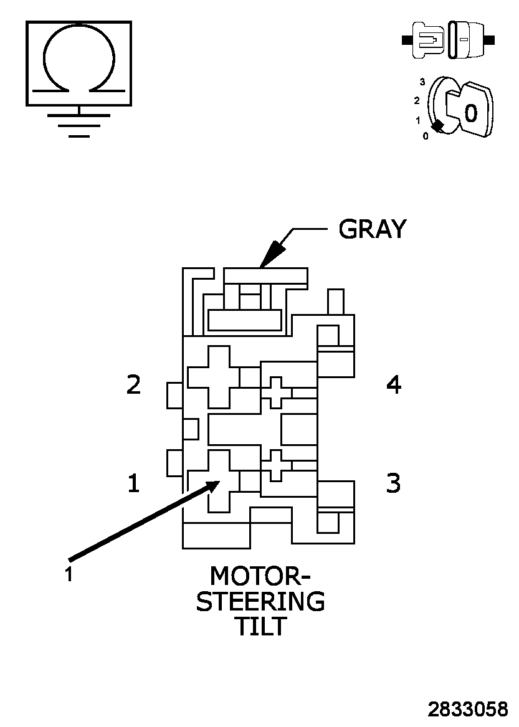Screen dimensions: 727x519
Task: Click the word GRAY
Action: [x=372, y=229]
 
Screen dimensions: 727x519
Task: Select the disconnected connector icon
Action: [x=449, y=40]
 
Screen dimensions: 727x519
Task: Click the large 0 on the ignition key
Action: [x=471, y=113]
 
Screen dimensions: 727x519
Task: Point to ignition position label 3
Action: [x=422, y=82]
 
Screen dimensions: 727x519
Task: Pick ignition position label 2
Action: [x=417, y=100]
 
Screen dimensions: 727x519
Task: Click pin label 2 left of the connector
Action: [x=133, y=385]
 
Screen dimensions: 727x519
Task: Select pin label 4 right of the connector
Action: [x=394, y=385]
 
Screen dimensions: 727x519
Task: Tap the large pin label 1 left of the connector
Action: [x=133, y=483]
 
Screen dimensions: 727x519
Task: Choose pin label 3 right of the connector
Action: [x=394, y=483]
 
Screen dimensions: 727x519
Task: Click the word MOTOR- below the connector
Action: [x=260, y=576]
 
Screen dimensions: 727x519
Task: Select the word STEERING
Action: [x=260, y=602]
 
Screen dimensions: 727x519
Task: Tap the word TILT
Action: [x=260, y=626]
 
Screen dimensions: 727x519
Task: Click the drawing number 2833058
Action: [x=467, y=710]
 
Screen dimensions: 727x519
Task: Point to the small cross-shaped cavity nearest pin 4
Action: [x=276, y=392]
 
